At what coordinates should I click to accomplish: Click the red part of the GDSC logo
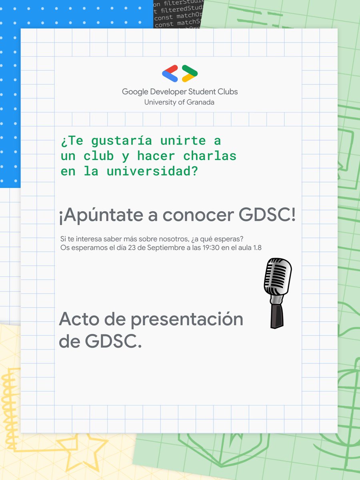pos(171,69)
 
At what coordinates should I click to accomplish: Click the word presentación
pos(178,320)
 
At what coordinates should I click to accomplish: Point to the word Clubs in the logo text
pos(227,92)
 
